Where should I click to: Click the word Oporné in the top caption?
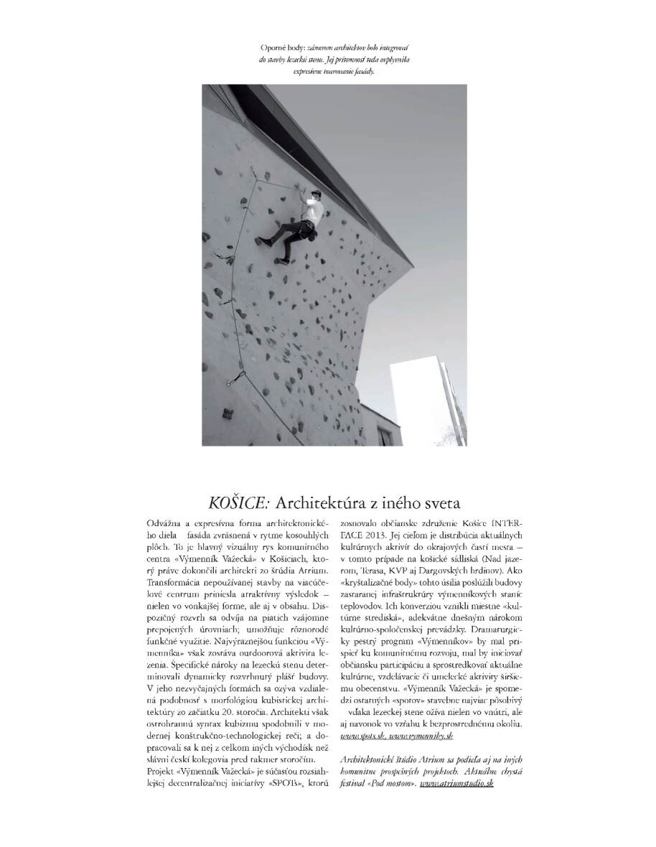coord(273,47)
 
